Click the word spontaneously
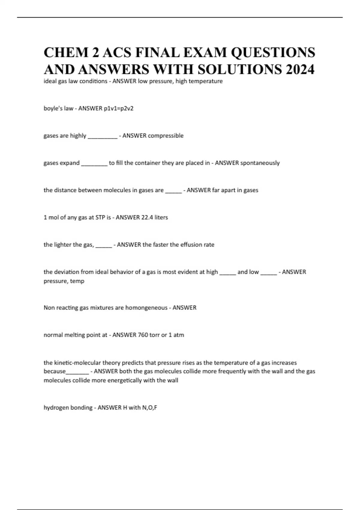pyautogui.click(x=260, y=163)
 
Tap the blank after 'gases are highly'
pyautogui.click(x=102, y=136)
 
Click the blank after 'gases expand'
pyautogui.click(x=94, y=164)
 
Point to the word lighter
pyautogui.click(x=63, y=244)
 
